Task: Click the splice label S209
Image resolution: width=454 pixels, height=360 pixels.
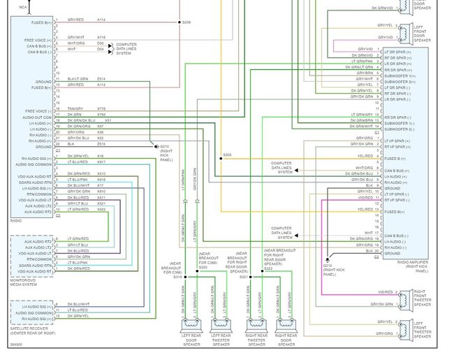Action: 186,23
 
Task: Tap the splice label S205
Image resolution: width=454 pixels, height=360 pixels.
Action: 228,155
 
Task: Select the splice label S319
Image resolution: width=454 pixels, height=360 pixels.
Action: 177,278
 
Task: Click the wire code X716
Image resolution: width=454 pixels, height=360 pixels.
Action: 101,36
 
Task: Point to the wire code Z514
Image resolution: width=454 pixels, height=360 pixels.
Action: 101,79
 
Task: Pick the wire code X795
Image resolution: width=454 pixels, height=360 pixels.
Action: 101,115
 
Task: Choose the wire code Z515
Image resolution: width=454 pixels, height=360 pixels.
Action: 101,144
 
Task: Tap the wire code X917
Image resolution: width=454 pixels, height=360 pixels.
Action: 101,162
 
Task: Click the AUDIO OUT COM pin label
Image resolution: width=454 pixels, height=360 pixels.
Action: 38,117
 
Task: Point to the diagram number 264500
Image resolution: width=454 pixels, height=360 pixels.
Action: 16,344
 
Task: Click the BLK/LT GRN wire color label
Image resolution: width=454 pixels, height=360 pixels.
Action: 78,79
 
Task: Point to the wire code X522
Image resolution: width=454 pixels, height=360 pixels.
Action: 101,209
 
